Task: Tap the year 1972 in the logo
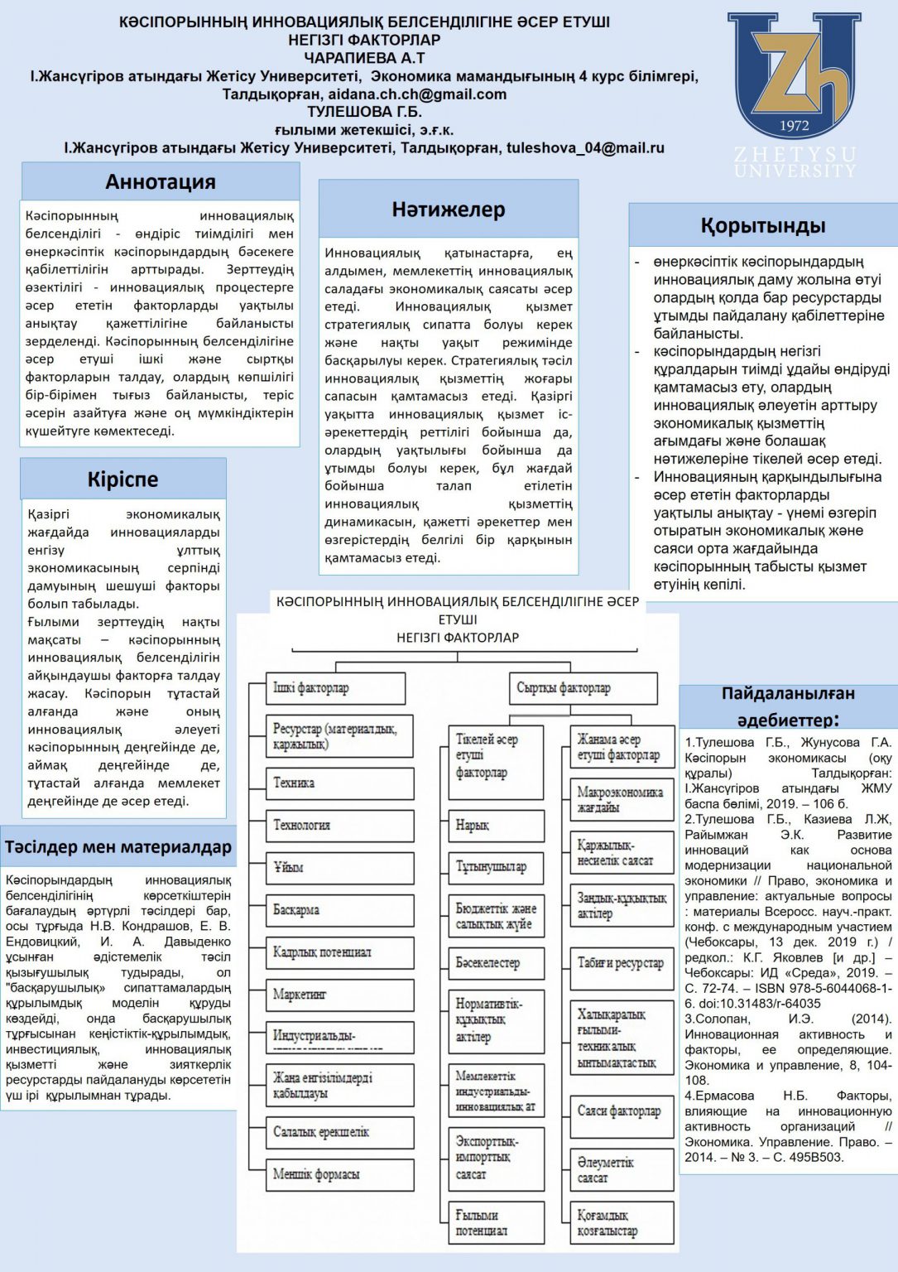click(795, 125)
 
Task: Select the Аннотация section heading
click(161, 181)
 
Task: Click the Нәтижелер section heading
click(448, 210)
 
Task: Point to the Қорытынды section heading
click(762, 225)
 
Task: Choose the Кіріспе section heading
click(122, 479)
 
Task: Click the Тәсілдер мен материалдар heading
click(118, 846)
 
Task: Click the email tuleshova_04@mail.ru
click(585, 147)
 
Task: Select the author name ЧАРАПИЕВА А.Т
click(364, 57)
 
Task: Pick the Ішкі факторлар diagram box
click(335, 688)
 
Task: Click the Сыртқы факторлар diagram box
click(583, 688)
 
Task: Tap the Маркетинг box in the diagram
click(339, 994)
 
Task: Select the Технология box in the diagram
click(339, 826)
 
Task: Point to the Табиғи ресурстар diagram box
click(622, 963)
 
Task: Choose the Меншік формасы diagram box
click(339, 1174)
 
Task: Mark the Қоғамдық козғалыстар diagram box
click(622, 1223)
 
